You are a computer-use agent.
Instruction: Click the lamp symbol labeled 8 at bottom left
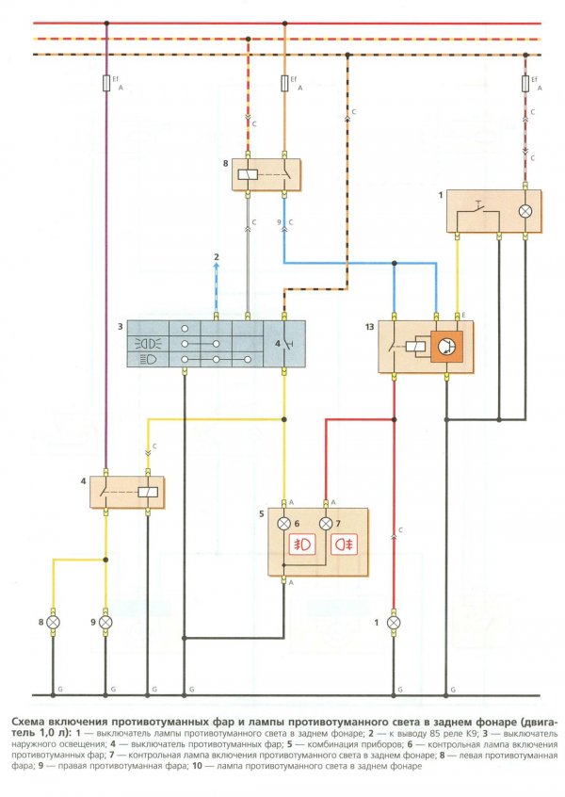pyautogui.click(x=53, y=622)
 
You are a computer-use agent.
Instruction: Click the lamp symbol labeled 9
pyautogui.click(x=105, y=622)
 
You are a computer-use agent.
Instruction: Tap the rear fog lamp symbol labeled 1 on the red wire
pyautogui.click(x=394, y=623)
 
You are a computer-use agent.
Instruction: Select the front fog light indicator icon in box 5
pyautogui.click(x=303, y=545)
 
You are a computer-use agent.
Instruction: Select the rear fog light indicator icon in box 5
pyautogui.click(x=345, y=545)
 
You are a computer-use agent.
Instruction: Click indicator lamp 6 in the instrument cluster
pyautogui.click(x=284, y=524)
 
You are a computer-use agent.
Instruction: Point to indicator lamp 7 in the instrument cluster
pyautogui.click(x=326, y=524)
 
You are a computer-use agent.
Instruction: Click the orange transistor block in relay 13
pyautogui.click(x=446, y=347)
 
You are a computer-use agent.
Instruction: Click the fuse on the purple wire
pyautogui.click(x=106, y=83)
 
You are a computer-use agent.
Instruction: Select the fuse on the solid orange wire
pyautogui.click(x=284, y=83)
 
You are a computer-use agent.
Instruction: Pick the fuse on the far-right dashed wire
pyautogui.click(x=525, y=83)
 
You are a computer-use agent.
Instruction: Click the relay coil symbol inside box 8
pyautogui.click(x=249, y=175)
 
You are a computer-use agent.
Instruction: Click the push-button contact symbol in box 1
pyautogui.click(x=477, y=209)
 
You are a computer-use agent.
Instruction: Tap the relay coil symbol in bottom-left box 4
pyautogui.click(x=149, y=492)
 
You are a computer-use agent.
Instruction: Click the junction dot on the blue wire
pyautogui.click(x=395, y=263)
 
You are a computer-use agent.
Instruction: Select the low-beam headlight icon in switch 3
pyautogui.click(x=148, y=359)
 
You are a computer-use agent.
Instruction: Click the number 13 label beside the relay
pyautogui.click(x=369, y=327)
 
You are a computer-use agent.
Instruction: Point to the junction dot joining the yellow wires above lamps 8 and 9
pyautogui.click(x=105, y=560)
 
